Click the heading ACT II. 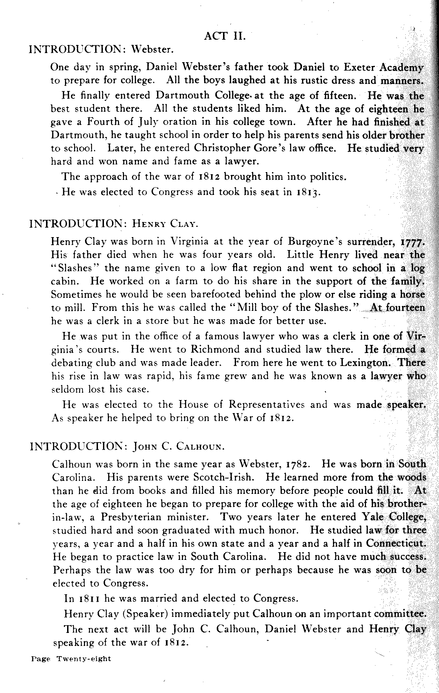[x=224, y=37]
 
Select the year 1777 [x=413, y=242]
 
